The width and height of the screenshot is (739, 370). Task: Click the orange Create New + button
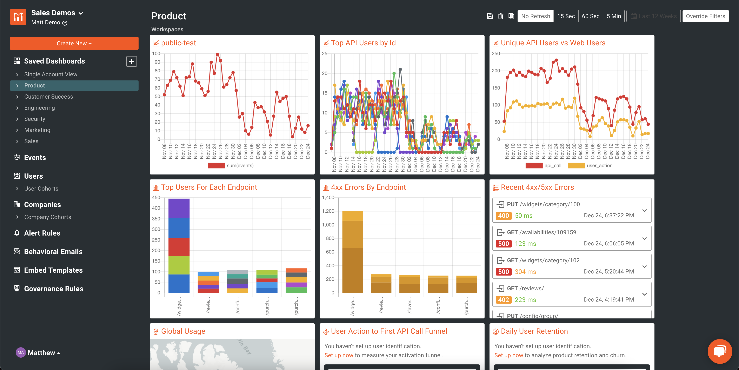(x=74, y=43)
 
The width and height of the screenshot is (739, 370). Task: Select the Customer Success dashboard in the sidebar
(x=48, y=97)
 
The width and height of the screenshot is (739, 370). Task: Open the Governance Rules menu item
(x=53, y=289)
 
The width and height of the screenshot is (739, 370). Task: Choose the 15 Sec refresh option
(x=566, y=16)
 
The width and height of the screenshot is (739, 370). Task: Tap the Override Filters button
(x=705, y=16)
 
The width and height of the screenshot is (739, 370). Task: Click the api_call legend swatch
(x=534, y=166)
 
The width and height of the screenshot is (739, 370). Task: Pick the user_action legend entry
(x=599, y=166)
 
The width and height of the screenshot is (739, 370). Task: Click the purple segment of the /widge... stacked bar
(x=179, y=208)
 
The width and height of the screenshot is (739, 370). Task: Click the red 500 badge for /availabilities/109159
(x=503, y=244)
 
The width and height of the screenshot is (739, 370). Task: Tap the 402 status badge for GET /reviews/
(x=503, y=300)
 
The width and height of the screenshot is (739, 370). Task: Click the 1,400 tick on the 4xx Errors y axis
(x=328, y=198)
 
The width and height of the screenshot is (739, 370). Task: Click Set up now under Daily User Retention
(x=508, y=355)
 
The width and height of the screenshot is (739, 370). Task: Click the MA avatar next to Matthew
(x=21, y=352)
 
